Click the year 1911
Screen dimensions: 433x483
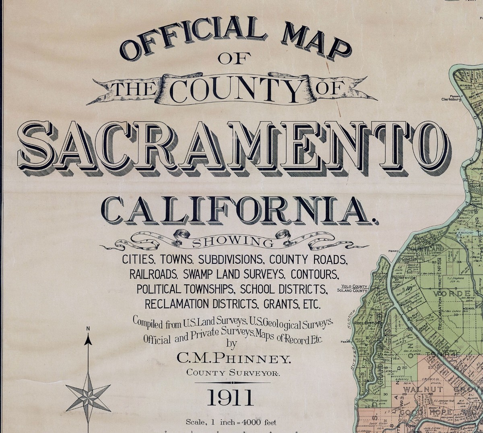click(x=231, y=398)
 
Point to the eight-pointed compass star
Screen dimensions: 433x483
click(x=88, y=392)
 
